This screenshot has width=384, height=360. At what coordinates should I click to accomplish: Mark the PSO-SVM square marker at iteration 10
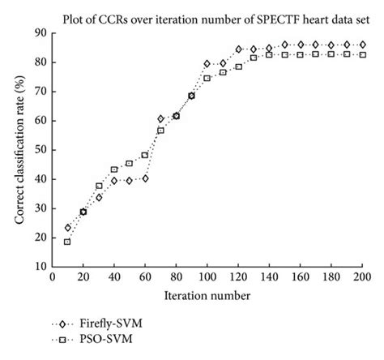click(67, 241)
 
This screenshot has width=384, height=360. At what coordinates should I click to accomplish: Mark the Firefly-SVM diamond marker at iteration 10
click(67, 228)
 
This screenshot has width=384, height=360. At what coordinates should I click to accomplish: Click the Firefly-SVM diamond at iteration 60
click(145, 178)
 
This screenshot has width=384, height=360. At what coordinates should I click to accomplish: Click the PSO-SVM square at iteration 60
click(145, 155)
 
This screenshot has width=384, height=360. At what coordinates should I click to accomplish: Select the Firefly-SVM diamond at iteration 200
click(362, 45)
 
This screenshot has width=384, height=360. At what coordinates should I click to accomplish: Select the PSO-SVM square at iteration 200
click(362, 54)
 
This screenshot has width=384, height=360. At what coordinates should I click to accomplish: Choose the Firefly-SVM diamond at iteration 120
click(238, 49)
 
